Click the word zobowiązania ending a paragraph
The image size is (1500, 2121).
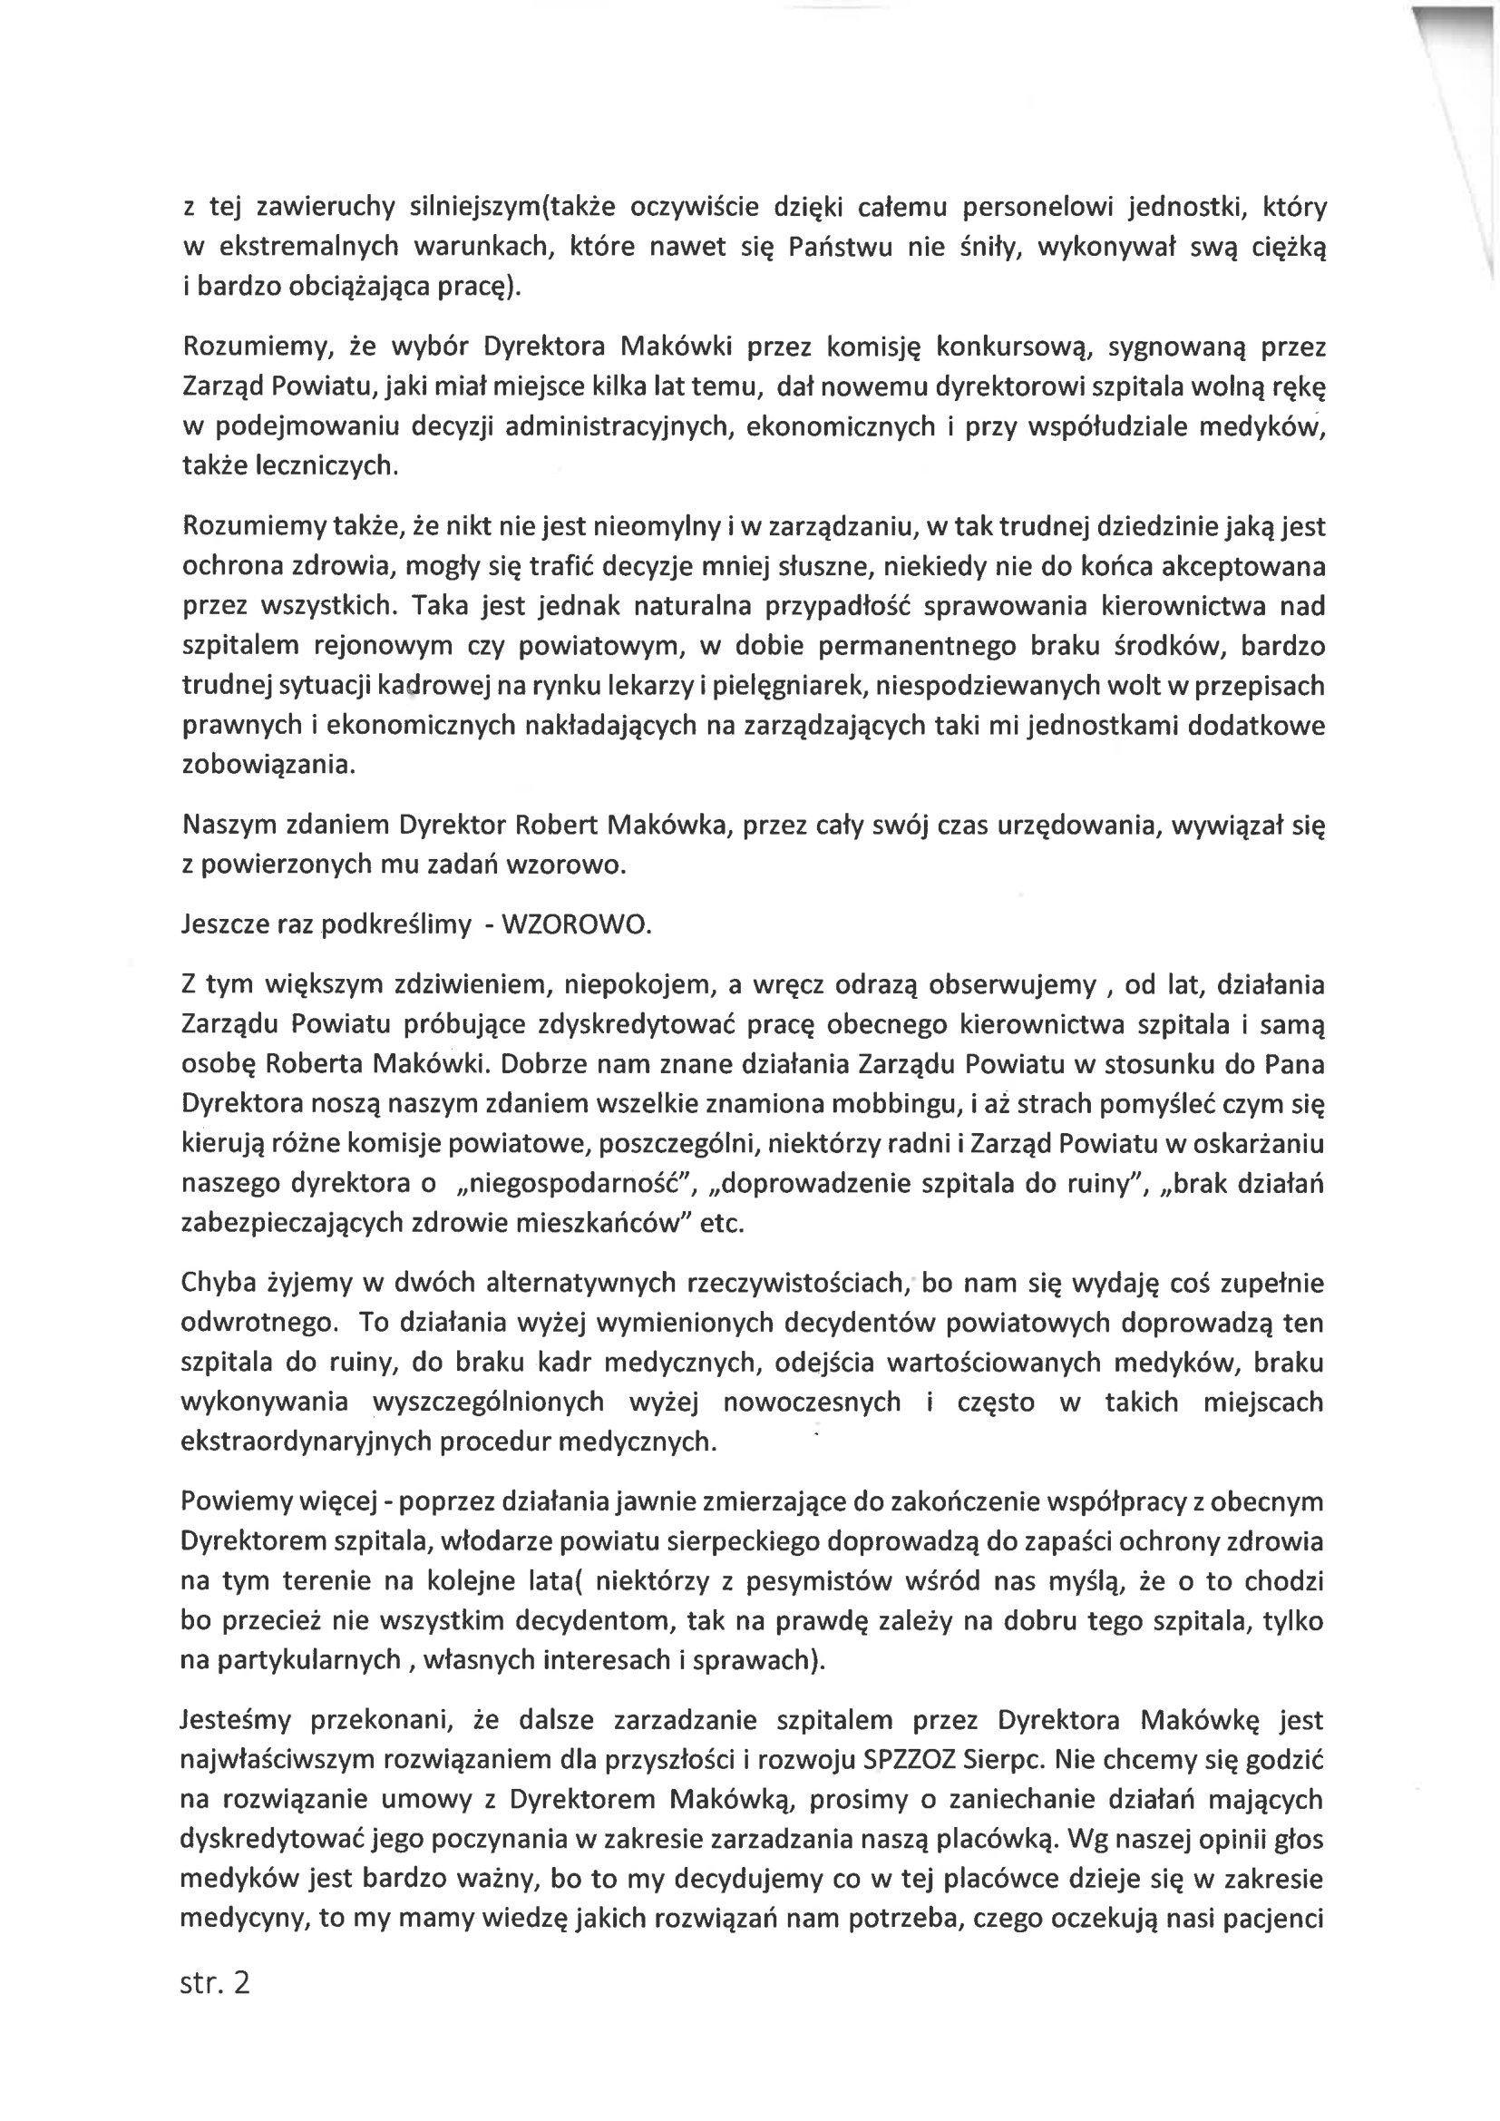[x=267, y=765]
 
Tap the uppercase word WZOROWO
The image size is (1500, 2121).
[x=577, y=924]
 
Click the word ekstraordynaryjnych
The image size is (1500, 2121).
[x=307, y=1442]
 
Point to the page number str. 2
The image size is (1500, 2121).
[x=215, y=1983]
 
